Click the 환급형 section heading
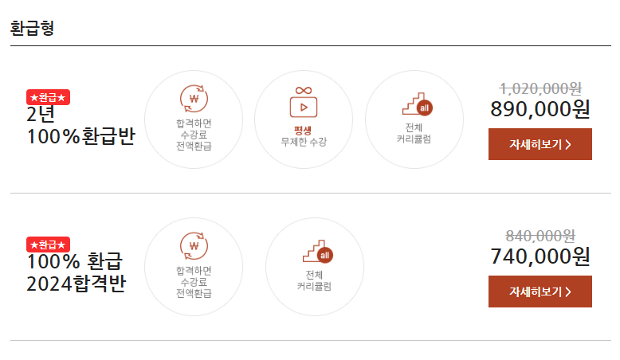tap(32, 29)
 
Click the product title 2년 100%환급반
tap(80, 125)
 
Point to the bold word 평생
tap(304, 128)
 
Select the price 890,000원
tap(540, 109)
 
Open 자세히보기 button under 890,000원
tap(540, 144)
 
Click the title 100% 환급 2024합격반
tap(76, 272)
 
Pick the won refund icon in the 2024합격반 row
tap(194, 246)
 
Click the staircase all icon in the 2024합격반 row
tap(315, 252)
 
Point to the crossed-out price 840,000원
tap(540, 236)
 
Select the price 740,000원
tap(540, 256)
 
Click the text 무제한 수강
tap(304, 142)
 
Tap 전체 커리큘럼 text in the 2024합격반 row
tap(314, 280)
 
